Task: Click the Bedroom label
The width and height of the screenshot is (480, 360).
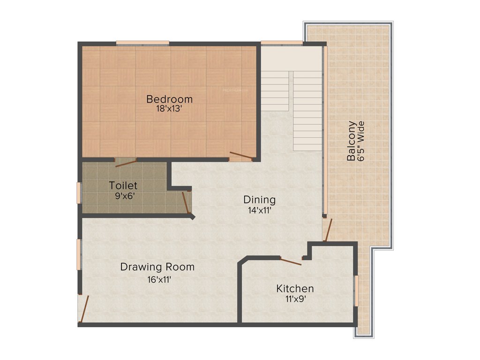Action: [169, 99]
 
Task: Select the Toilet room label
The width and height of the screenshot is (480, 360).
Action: [123, 185]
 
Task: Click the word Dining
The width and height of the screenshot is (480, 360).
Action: [259, 200]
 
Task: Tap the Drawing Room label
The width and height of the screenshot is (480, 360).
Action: [157, 267]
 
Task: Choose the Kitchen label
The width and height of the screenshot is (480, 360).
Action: [295, 288]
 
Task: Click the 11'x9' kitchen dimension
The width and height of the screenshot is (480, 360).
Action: [295, 299]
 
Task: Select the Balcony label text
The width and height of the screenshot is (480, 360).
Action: [351, 141]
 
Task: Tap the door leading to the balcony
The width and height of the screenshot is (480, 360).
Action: [328, 231]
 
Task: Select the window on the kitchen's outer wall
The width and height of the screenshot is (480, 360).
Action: [356, 291]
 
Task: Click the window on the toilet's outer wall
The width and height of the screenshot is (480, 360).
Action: [79, 193]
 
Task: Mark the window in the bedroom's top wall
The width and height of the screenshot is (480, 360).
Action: [142, 43]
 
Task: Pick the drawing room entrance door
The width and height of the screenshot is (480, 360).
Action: [83, 308]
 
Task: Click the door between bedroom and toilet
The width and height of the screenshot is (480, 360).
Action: [126, 162]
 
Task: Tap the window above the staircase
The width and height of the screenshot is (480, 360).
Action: [282, 43]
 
